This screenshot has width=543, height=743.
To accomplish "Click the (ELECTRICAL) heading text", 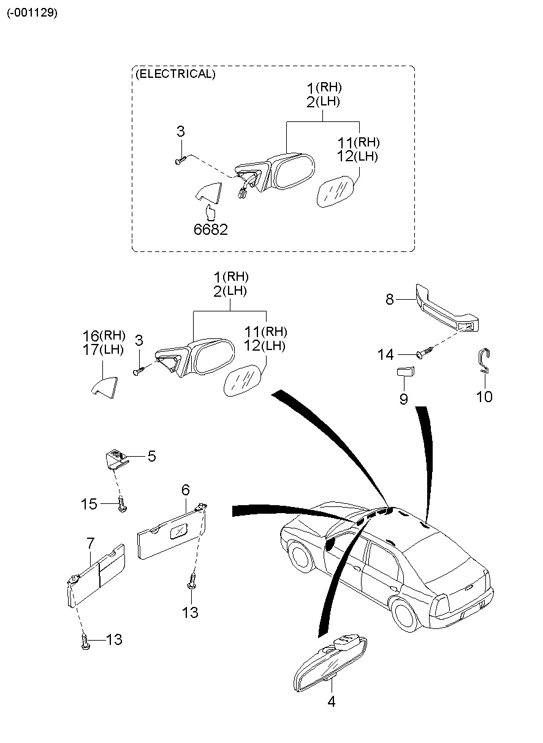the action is (x=175, y=74).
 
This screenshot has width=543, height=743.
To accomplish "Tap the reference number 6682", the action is (x=211, y=229).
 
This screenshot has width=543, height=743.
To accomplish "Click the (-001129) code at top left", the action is (x=32, y=13).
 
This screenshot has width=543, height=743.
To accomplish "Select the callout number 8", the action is (x=389, y=299).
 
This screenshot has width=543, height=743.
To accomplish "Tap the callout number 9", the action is (x=404, y=399).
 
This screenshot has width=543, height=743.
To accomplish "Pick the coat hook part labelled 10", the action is (x=484, y=361).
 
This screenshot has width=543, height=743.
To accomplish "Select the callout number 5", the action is (x=151, y=456).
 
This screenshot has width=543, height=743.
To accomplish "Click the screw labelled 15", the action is (x=122, y=505).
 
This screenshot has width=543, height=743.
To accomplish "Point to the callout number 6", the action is (x=186, y=490).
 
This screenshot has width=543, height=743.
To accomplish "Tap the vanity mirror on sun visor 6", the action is (x=179, y=532).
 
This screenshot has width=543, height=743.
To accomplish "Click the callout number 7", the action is (x=91, y=543).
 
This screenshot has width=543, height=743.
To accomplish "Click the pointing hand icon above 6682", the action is (x=210, y=213).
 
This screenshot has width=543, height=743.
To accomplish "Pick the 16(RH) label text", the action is (x=104, y=336).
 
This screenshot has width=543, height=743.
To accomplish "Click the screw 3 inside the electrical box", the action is (x=180, y=160).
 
